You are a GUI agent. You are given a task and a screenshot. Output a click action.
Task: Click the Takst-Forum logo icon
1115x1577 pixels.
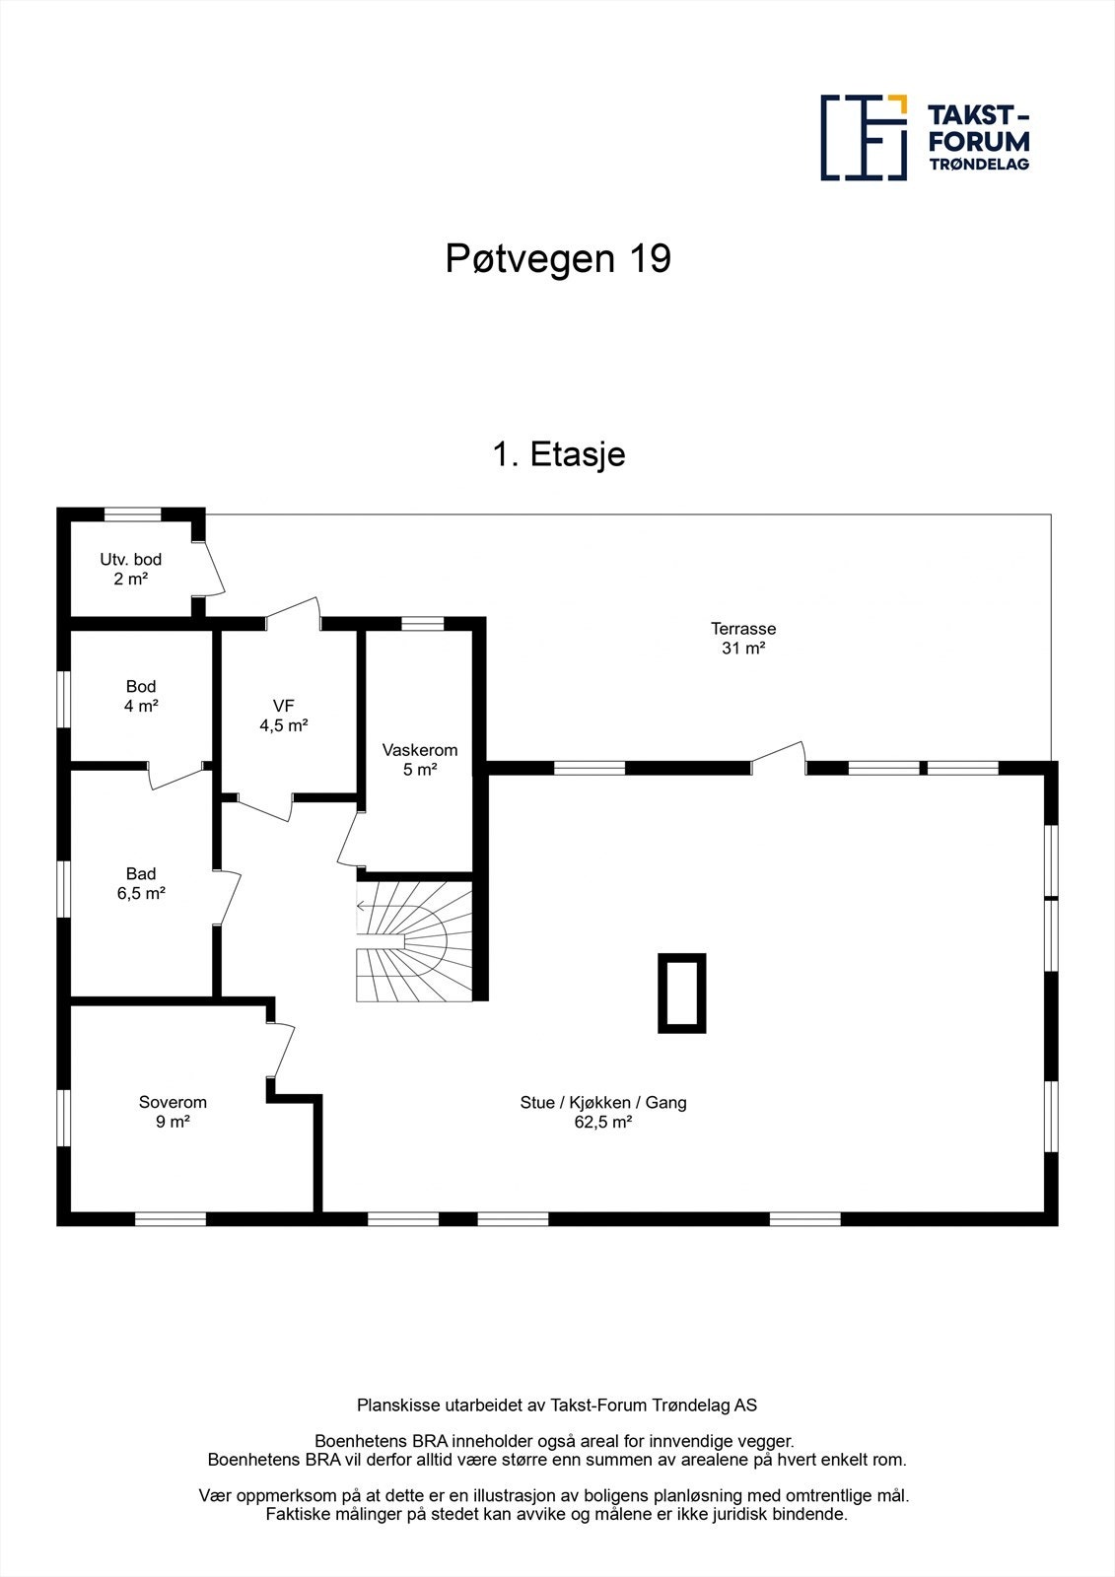coord(864,138)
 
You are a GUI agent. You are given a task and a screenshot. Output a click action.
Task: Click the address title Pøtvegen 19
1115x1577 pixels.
coord(558,258)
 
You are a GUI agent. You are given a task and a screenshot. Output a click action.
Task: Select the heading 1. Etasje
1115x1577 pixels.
coord(558,454)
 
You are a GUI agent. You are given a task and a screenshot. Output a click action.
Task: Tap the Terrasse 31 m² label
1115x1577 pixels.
coord(743,638)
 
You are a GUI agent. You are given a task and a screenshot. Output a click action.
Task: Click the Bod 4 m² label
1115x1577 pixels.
coord(141,696)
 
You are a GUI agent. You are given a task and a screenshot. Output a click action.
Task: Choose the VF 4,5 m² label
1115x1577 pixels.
coord(284,715)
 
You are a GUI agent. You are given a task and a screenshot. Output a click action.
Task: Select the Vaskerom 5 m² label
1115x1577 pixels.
coord(420,759)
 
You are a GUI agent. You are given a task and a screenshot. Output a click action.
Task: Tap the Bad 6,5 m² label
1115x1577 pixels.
coord(141,883)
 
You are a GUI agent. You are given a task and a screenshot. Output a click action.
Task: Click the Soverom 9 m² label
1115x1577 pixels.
coord(173,1112)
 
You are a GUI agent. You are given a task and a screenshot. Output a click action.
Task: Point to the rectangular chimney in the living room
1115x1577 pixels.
coord(682,993)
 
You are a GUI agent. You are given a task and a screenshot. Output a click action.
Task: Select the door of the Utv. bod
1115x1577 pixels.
coord(211,570)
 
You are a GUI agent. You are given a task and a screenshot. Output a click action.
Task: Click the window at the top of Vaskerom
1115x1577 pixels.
coord(423,622)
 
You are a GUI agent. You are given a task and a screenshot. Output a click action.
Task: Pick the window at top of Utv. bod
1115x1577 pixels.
coord(132,514)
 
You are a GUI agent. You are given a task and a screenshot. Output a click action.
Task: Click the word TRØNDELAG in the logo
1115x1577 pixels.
coord(979,164)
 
